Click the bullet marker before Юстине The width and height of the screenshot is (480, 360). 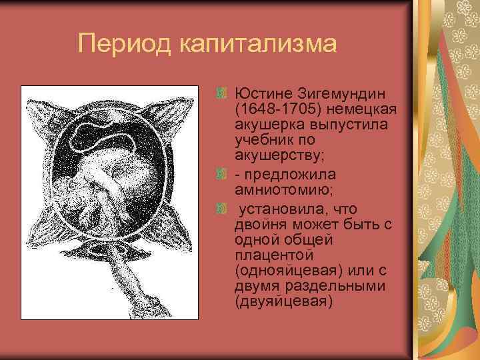224,91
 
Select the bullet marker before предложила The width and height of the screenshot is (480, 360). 224,174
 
